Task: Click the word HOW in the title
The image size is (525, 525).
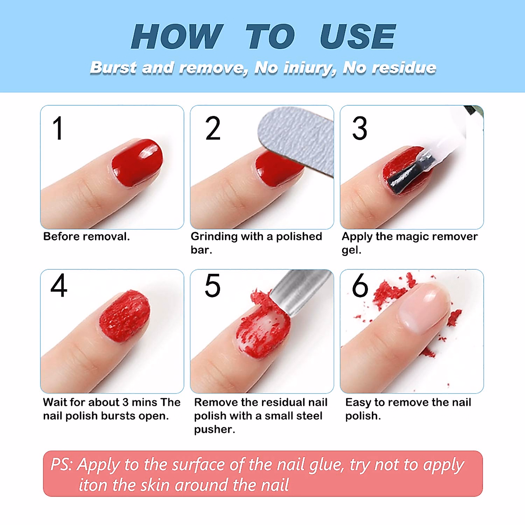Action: point(177,37)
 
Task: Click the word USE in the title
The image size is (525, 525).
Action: point(357,37)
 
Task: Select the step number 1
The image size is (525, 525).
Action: point(58,129)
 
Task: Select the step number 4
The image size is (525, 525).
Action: point(59,286)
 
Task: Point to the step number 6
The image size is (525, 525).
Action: point(360,286)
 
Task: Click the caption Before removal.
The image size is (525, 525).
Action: point(87,237)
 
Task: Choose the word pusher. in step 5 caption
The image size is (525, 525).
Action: point(214,430)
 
